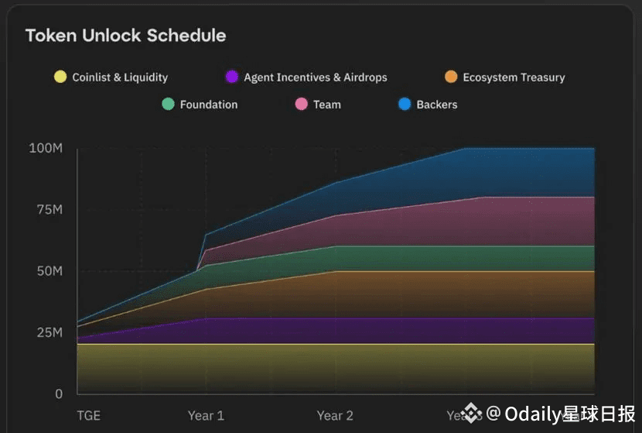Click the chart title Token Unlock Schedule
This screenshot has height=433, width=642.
pos(125,36)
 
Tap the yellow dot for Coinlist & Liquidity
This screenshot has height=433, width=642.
pos(60,77)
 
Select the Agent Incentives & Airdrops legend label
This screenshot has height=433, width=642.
pos(315,77)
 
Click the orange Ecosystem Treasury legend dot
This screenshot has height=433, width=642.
pos(451,77)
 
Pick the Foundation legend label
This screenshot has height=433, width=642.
pos(208,105)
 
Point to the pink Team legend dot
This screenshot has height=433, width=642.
pos(302,104)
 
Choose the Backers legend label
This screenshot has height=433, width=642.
pos(436,105)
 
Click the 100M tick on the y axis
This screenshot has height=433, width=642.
pos(46,148)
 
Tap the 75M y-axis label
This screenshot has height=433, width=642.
pos(48,210)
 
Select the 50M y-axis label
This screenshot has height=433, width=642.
pos(48,271)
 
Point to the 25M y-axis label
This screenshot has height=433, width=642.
pos(48,332)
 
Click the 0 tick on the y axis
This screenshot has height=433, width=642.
pos(59,393)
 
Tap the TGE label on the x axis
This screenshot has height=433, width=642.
pos(88,416)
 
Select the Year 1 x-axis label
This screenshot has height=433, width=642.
pos(206,416)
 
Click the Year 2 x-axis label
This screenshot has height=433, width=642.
pos(335,416)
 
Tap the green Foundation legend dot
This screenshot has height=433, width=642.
pos(168,104)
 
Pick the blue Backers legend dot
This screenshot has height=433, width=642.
pos(405,104)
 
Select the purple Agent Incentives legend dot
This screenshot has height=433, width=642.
pos(231,77)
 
